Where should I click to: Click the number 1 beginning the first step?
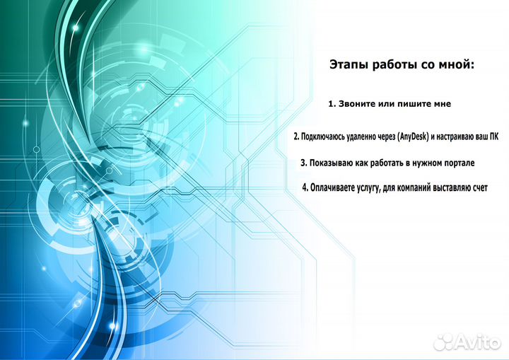[331, 104]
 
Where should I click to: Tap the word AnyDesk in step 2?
[413, 137]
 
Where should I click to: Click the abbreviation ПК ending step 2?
[493, 137]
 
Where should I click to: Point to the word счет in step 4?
[479, 188]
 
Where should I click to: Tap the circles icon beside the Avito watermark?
[445, 342]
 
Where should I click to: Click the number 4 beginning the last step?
[305, 187]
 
